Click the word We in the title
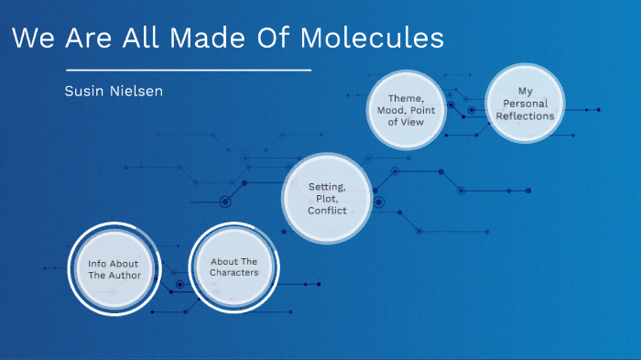[x=33, y=38]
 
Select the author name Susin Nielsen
[x=114, y=92]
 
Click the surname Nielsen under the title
[x=137, y=92]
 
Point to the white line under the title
[x=190, y=70]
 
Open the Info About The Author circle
[x=114, y=268]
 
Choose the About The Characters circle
[x=234, y=267]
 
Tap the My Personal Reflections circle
[x=525, y=104]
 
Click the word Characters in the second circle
[x=234, y=273]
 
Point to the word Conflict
[x=327, y=211]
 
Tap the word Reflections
[x=525, y=115]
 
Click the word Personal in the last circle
[x=525, y=104]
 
